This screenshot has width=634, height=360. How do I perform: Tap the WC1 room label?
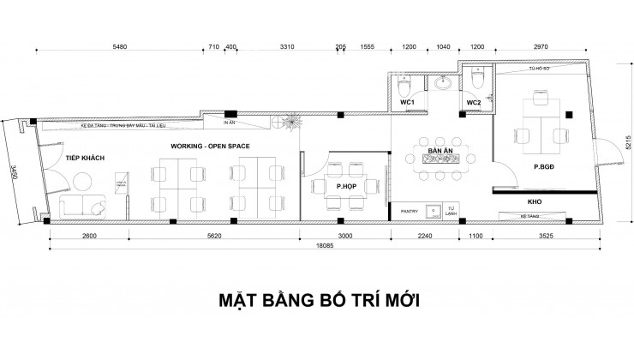point(408,103)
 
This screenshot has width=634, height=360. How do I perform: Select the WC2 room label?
point(474,103)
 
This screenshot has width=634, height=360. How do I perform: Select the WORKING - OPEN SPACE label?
point(209,147)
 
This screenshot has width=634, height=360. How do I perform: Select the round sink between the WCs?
point(443,84)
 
